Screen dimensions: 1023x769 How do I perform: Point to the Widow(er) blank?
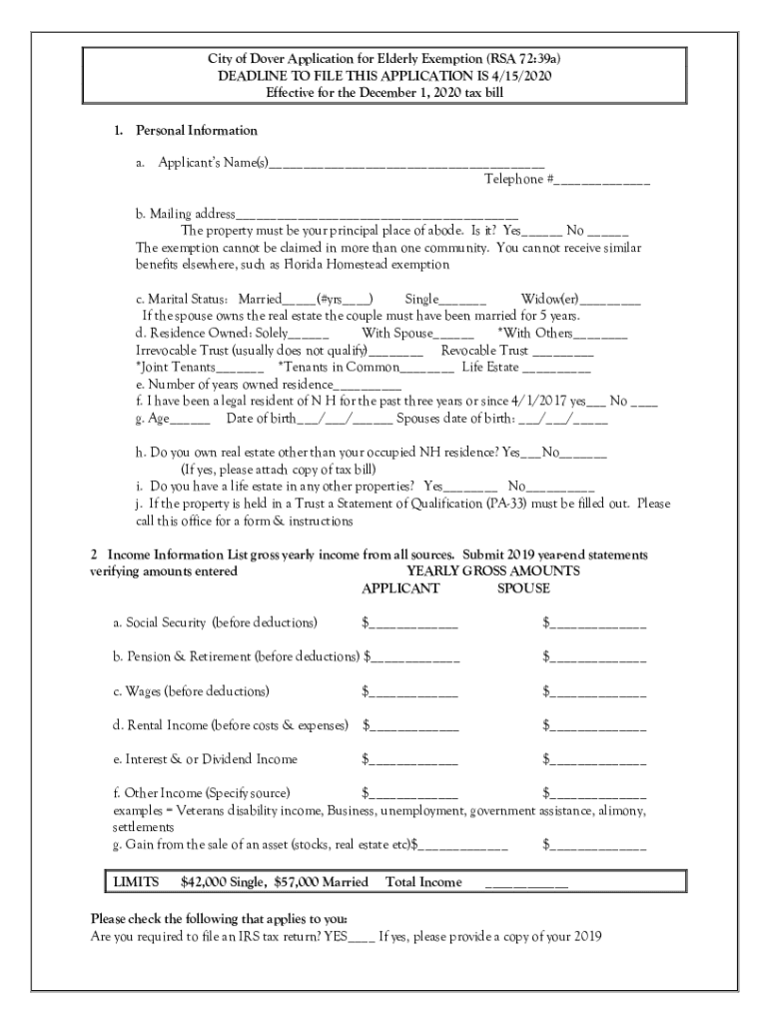(610, 301)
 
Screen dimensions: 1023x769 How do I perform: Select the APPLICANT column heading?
(399, 588)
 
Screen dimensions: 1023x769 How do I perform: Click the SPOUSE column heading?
(523, 588)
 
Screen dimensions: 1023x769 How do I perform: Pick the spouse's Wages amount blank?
(598, 693)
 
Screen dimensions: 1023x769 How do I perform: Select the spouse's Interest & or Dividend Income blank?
(598, 761)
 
